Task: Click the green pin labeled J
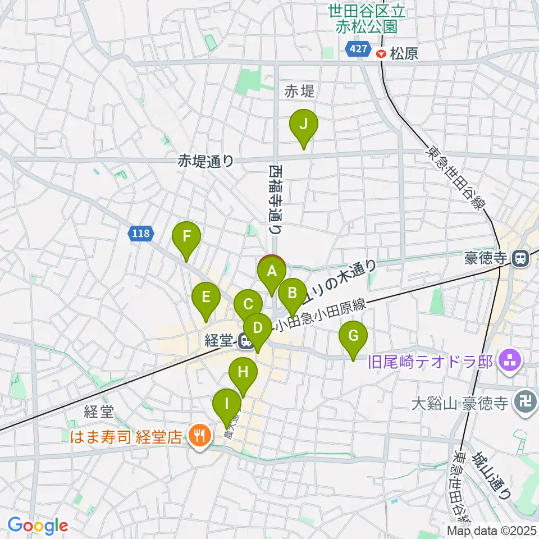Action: pyautogui.click(x=303, y=125)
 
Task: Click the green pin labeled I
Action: pyautogui.click(x=227, y=404)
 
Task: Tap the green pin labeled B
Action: pyautogui.click(x=292, y=294)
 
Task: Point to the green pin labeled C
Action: pyautogui.click(x=247, y=304)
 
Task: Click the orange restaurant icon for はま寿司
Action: pyautogui.click(x=198, y=436)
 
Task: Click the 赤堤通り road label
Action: pyautogui.click(x=205, y=161)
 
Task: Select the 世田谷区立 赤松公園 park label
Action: pyautogui.click(x=367, y=19)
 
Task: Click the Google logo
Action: pyautogui.click(x=38, y=526)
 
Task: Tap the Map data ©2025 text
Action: pyautogui.click(x=492, y=530)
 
